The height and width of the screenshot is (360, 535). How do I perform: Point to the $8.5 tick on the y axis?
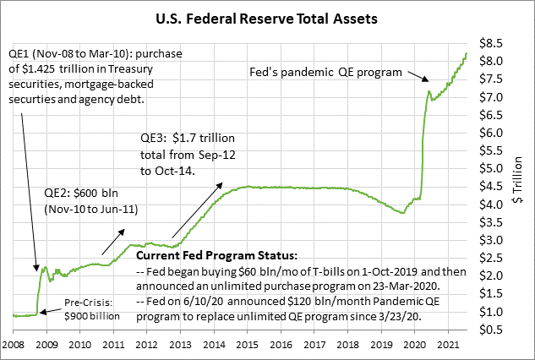point(492,42)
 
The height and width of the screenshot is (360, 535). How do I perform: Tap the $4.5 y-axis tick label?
point(492,187)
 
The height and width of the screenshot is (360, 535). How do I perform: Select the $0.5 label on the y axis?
point(492,330)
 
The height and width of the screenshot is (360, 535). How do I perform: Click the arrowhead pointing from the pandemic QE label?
point(426,81)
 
